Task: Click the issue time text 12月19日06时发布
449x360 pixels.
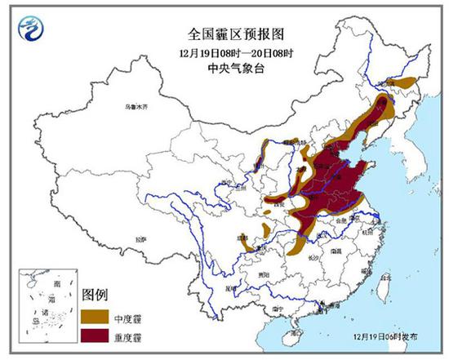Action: [x=391, y=336]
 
